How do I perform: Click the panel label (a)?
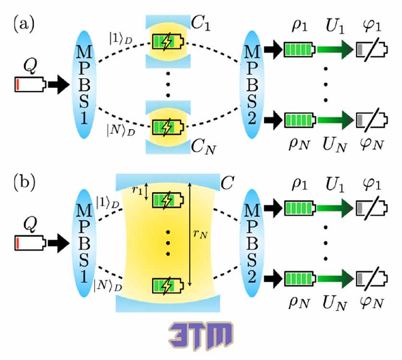coord(24,25)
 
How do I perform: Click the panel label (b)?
coord(24,183)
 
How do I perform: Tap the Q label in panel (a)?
coord(30,66)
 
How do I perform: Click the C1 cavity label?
coord(200,24)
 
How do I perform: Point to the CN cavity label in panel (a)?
coord(203,147)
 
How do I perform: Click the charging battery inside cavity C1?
coord(168,42)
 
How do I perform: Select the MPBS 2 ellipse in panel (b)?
coord(252,243)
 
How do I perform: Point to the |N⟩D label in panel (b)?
coord(108,286)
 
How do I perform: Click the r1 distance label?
coord(137,191)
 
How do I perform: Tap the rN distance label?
coord(200,234)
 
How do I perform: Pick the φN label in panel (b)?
coord(372,302)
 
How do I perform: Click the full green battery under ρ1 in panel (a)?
coord(299,49)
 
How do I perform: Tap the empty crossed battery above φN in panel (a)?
coord(372,120)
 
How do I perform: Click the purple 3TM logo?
coord(201,336)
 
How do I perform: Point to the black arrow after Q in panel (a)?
coord(59,84)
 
